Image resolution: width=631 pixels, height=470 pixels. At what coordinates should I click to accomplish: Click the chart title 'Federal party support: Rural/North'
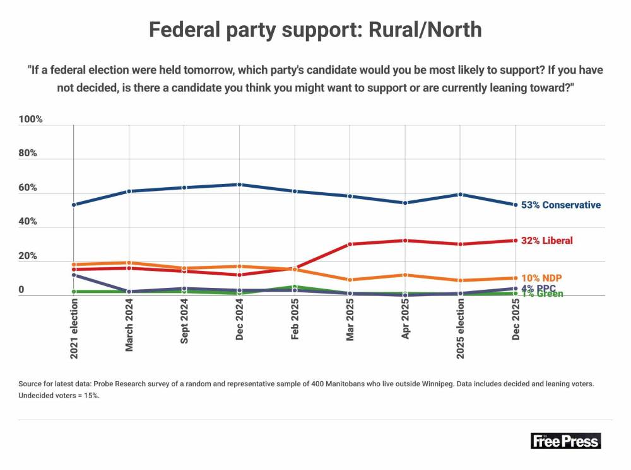[x=315, y=30]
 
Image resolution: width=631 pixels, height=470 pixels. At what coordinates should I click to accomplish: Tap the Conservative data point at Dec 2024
[x=239, y=185]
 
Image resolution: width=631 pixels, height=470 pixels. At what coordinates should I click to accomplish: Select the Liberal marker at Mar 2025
[x=350, y=244]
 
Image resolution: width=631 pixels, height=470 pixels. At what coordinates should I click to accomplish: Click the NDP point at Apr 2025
[x=405, y=275]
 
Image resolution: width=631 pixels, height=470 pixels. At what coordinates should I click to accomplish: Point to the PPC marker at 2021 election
[x=74, y=275]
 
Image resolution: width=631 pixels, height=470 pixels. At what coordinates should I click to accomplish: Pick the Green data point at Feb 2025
[x=295, y=287]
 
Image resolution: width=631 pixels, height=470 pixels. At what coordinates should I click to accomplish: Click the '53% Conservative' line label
[x=560, y=205]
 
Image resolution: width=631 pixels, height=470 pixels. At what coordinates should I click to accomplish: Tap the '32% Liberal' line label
[x=546, y=241]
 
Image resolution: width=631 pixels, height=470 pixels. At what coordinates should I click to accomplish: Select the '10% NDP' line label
[x=541, y=278]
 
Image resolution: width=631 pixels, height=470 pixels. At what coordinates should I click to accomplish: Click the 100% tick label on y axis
[x=30, y=119]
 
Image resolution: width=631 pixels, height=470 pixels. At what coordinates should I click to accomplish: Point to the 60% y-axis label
[x=28, y=188]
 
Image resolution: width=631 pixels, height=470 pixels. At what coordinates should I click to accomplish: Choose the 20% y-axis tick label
[x=28, y=256]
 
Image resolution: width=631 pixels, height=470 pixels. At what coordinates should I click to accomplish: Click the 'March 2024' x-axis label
[x=129, y=325]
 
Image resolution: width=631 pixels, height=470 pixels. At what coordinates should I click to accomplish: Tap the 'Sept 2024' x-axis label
[x=184, y=321]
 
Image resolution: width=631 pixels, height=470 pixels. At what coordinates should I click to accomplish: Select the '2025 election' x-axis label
[x=461, y=329]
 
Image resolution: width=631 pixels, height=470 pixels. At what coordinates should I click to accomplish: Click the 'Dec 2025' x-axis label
[x=516, y=320]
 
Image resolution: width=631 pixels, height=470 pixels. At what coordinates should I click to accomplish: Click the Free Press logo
[x=566, y=440]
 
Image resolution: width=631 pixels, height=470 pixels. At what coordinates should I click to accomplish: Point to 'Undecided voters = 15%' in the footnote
[x=59, y=396]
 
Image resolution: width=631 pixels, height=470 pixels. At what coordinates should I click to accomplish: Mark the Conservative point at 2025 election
[x=461, y=195]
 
